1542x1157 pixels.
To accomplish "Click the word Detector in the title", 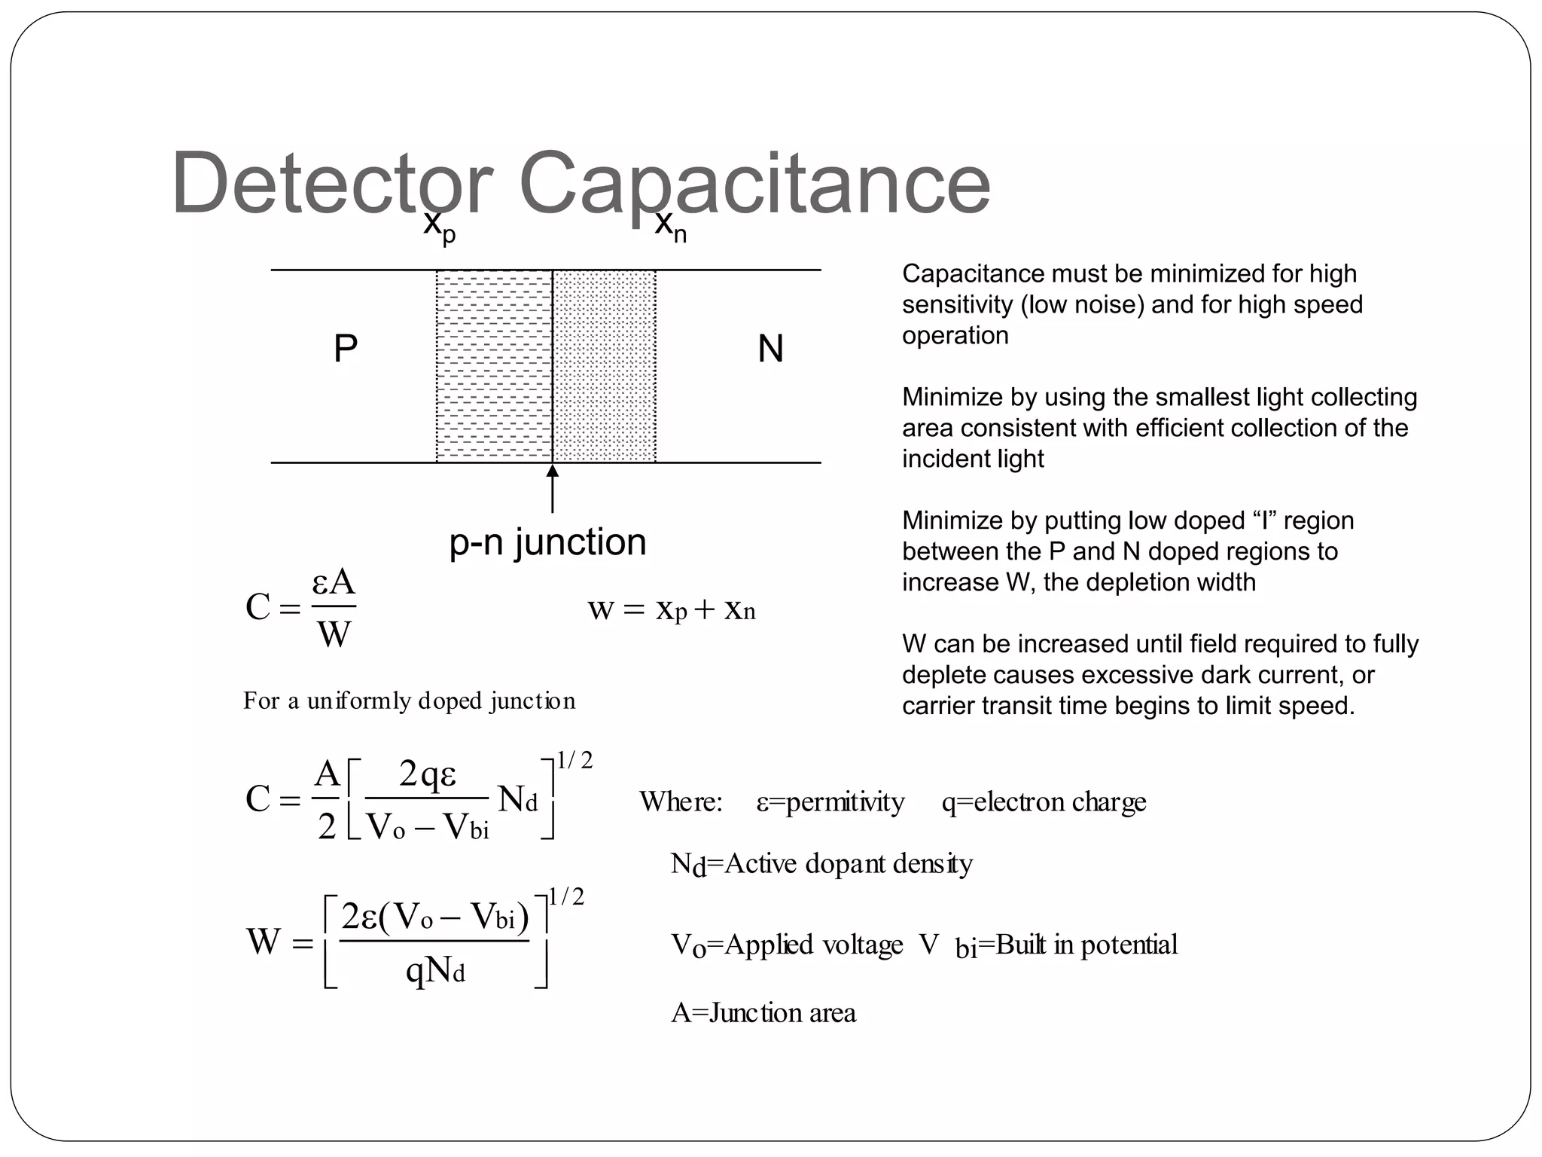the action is click(x=332, y=184).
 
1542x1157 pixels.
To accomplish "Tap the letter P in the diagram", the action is click(x=345, y=349).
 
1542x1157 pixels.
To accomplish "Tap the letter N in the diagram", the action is click(x=770, y=349).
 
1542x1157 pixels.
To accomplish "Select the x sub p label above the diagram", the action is click(x=439, y=226).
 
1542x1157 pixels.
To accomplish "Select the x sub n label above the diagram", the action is click(x=670, y=226).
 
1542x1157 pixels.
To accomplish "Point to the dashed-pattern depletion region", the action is click(x=494, y=366).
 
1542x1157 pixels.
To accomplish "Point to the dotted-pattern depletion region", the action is click(x=605, y=366).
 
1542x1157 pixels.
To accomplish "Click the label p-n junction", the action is click(x=547, y=542).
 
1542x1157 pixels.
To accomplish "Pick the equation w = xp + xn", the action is click(x=671, y=609).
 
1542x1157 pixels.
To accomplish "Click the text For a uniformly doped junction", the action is click(x=409, y=701).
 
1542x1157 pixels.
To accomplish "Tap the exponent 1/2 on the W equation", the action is click(x=566, y=896).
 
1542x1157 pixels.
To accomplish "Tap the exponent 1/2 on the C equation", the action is click(x=574, y=761).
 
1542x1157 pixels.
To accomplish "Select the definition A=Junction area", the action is click(x=763, y=1013).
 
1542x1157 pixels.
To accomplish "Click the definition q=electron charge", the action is click(x=1044, y=802).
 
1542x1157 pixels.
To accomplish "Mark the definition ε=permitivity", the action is click(x=830, y=802).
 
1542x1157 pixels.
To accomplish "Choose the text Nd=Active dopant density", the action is click(x=821, y=864).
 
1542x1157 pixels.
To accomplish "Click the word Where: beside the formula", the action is click(x=681, y=802).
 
